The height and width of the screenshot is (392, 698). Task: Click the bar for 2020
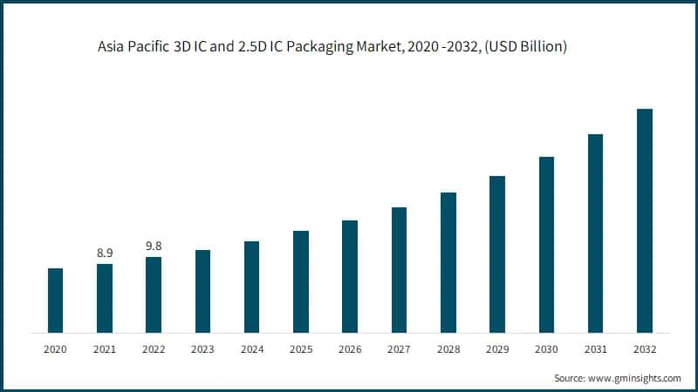55,301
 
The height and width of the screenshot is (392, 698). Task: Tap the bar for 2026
350,276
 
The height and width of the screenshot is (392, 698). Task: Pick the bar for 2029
497,254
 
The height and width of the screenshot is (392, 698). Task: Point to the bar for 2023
202,291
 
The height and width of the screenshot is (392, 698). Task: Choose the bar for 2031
596,233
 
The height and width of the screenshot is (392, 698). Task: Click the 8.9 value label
104,253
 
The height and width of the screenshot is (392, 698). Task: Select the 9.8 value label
154,246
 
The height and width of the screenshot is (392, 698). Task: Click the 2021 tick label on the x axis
104,348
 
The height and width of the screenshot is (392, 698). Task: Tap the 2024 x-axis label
251,348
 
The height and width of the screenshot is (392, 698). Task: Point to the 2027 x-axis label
399,348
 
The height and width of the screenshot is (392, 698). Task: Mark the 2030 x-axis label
546,348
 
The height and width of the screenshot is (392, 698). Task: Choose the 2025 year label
301,348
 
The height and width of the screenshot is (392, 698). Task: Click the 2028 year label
448,348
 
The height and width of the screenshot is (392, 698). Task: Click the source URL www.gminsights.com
634,378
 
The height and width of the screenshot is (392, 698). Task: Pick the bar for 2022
154,294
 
